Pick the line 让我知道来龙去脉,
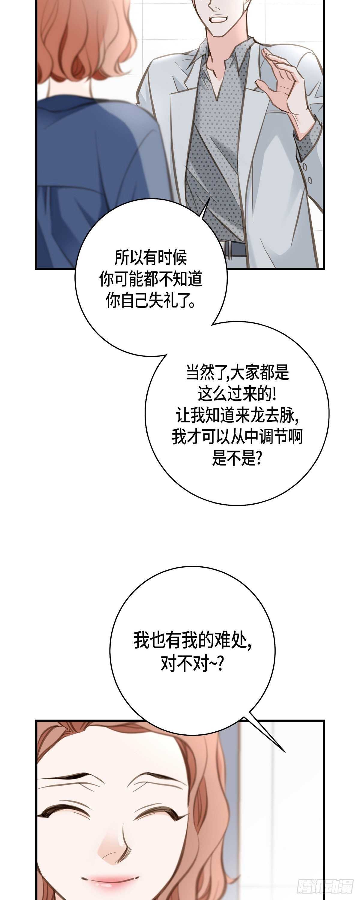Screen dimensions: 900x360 point(237,415)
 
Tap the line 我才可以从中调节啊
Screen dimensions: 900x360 point(237,437)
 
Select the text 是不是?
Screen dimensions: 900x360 point(237,458)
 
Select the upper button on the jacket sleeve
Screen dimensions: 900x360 point(305,167)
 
